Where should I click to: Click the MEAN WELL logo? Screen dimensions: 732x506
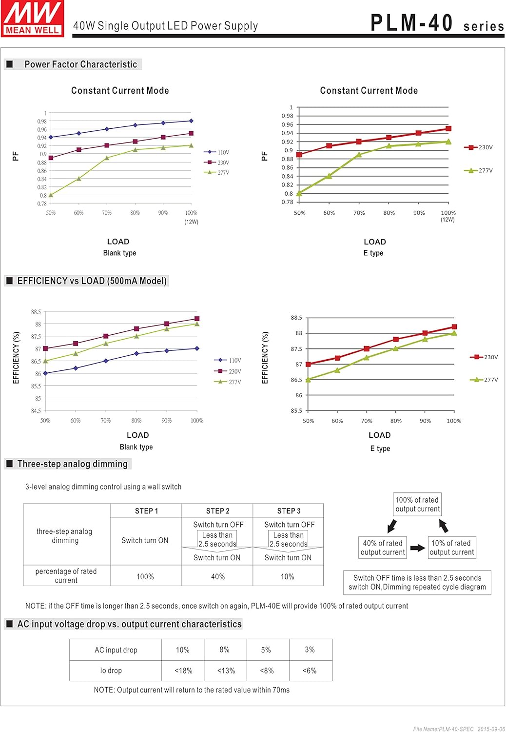point(33,19)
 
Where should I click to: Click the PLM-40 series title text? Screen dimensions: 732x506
point(437,23)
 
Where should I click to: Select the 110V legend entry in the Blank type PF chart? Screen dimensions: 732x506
point(217,152)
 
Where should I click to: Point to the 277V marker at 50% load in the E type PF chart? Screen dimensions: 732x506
point(299,194)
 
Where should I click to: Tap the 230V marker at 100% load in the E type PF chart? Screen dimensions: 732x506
point(448,129)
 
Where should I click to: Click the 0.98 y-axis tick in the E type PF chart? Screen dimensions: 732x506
point(288,116)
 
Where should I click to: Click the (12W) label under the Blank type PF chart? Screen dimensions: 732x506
point(191,222)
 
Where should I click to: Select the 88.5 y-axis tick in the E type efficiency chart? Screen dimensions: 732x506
point(296,318)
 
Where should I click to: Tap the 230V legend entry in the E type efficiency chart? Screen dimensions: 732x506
point(484,357)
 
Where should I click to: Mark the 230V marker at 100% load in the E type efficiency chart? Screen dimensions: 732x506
point(454,327)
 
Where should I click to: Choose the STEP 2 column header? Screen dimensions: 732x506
point(217,511)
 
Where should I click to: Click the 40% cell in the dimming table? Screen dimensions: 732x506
point(217,577)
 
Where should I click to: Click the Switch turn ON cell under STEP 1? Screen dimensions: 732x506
point(145,541)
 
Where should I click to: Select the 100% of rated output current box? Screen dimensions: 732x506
point(417,504)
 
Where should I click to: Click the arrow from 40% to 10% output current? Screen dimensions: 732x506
point(417,548)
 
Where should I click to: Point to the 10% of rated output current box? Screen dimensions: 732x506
point(451,548)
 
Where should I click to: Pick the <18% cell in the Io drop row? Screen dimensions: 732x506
point(183,671)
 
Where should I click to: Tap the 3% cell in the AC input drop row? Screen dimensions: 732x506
point(310,650)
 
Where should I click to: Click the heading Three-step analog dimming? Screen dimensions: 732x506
point(72,464)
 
